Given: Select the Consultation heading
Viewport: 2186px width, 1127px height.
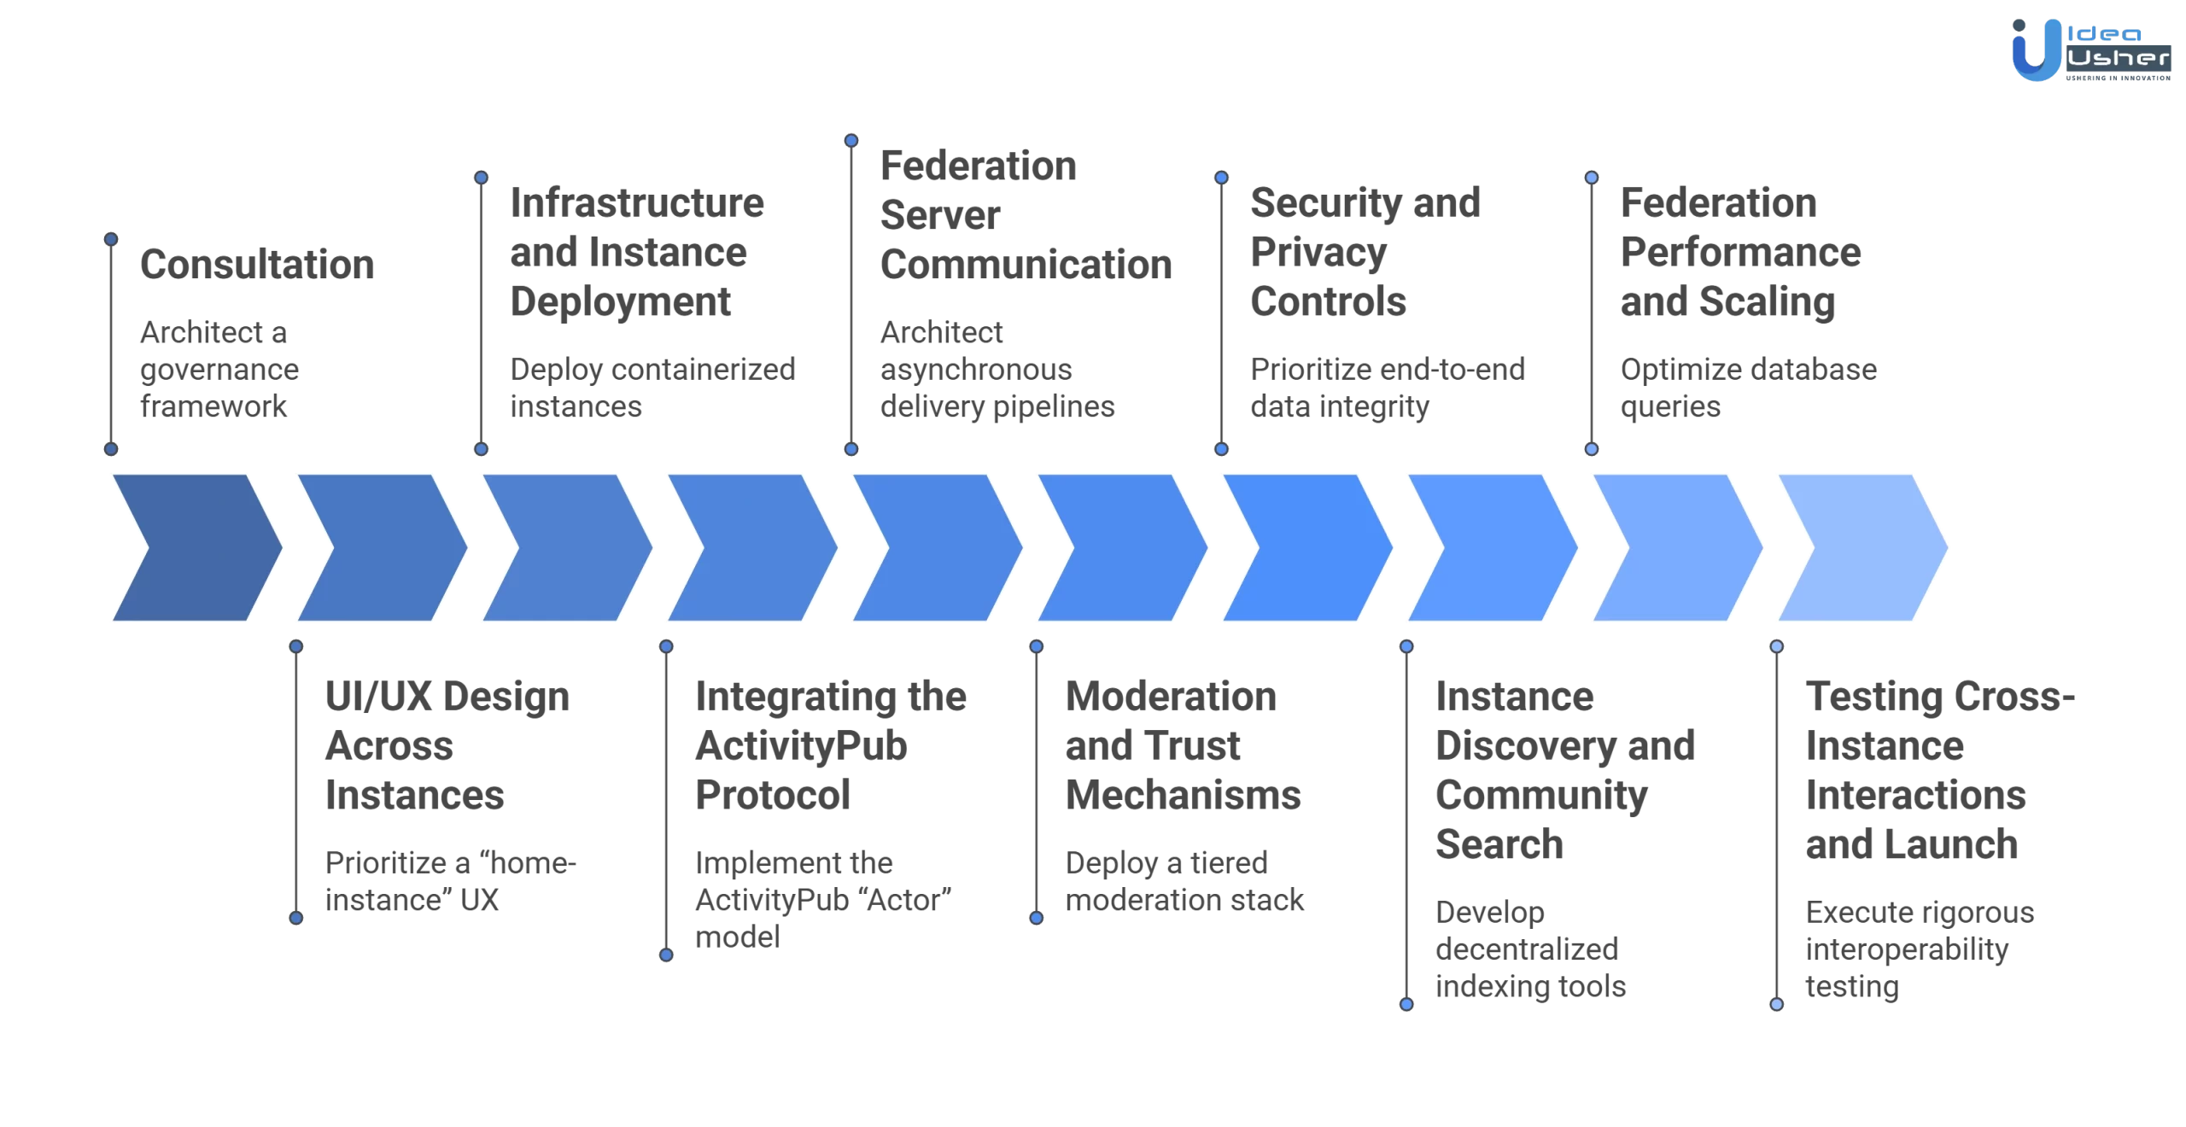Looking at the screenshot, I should click(x=256, y=265).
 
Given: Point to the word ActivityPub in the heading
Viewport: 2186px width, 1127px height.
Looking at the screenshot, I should click(x=800, y=746).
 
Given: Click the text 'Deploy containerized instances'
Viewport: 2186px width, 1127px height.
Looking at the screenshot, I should click(x=652, y=388).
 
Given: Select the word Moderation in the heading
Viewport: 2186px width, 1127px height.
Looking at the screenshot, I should click(x=1170, y=697).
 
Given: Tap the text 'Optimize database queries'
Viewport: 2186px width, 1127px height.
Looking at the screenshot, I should click(x=1747, y=388).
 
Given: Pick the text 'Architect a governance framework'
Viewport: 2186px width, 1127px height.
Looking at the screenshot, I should click(x=219, y=369).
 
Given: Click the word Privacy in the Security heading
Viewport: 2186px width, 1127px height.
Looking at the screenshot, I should click(x=1318, y=253).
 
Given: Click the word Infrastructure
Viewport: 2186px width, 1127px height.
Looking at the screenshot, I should click(x=636, y=203).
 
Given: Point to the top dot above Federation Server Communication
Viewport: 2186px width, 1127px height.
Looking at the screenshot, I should click(x=851, y=140).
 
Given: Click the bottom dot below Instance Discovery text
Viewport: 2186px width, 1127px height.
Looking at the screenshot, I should click(x=1406, y=1005).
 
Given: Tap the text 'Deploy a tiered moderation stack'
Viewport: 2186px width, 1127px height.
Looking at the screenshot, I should click(x=1184, y=881).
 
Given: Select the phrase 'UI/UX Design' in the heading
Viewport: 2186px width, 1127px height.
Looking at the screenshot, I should click(x=447, y=697).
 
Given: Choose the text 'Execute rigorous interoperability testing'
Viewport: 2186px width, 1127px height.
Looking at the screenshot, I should click(x=1918, y=949).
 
